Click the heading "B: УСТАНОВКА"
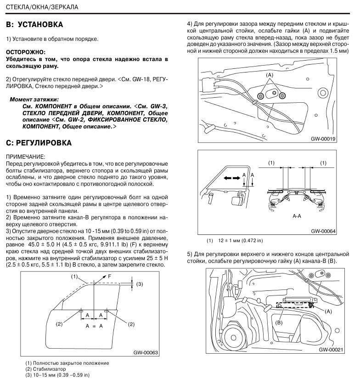click(34, 24)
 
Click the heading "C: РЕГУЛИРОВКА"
click(39, 143)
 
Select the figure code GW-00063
click(146, 353)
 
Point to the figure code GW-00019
click(323, 138)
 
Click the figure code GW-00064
click(323, 232)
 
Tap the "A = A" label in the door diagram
click(94, 324)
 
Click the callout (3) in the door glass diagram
click(140, 284)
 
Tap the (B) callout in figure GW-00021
click(279, 323)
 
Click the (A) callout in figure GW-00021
click(328, 311)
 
